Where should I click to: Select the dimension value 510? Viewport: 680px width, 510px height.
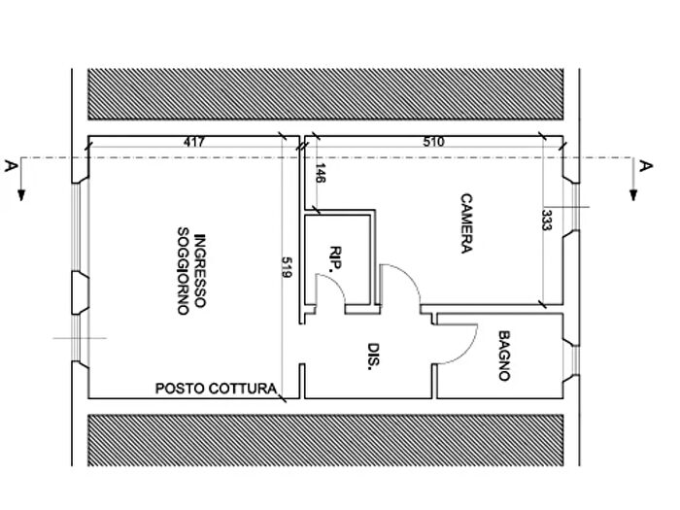(x=433, y=142)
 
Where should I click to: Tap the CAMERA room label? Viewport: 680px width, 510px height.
(x=464, y=222)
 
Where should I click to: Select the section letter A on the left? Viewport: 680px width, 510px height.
(x=10, y=166)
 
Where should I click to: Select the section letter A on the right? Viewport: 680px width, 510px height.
(x=645, y=166)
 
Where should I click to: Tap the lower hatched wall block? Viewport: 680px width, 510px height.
(x=326, y=439)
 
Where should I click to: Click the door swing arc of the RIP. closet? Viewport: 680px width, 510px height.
(x=333, y=284)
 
